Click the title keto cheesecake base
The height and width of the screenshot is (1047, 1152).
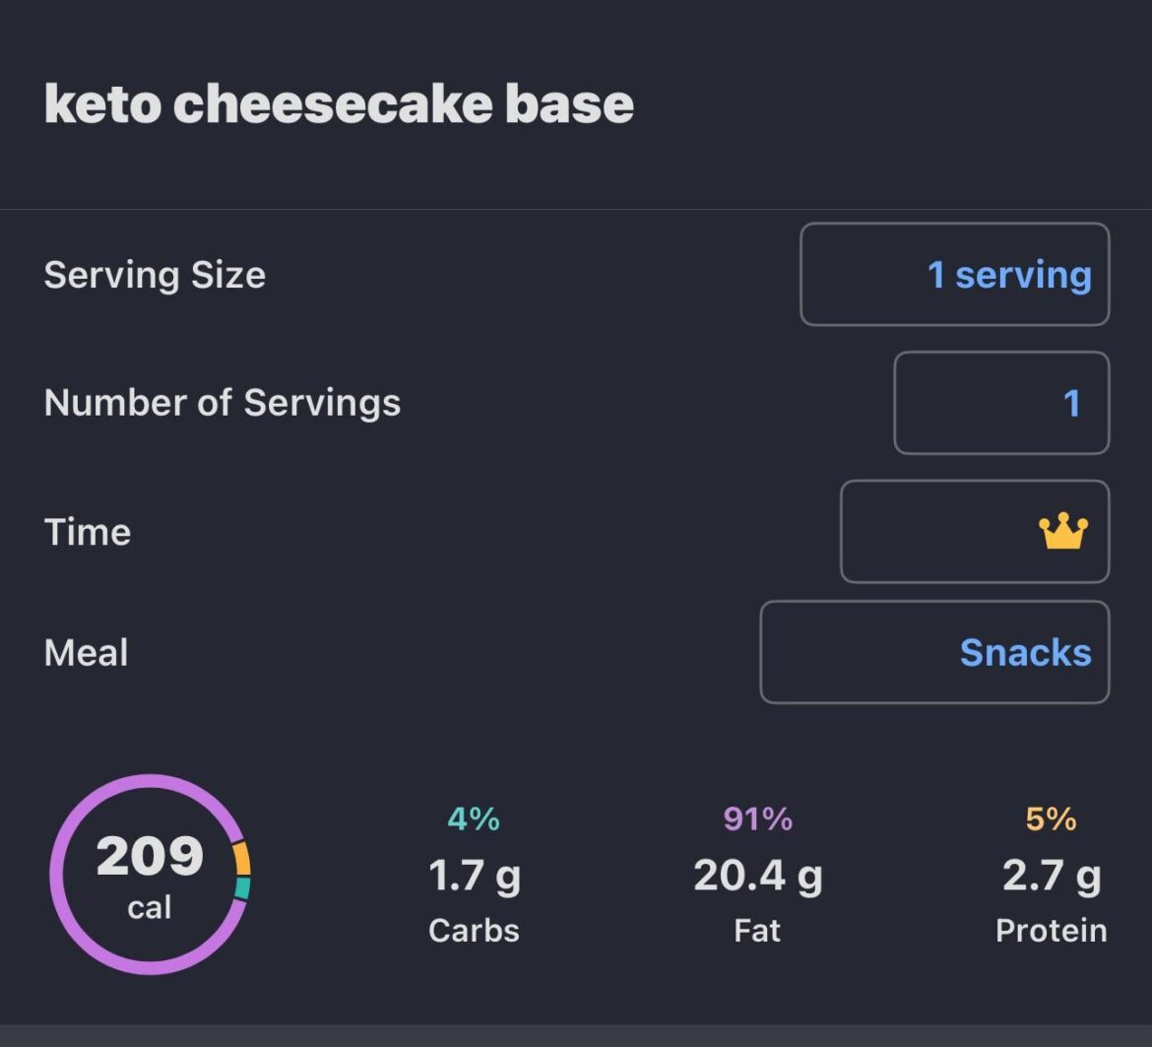tap(339, 103)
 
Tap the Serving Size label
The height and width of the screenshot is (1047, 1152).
tap(155, 275)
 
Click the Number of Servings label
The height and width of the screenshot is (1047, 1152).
tap(223, 403)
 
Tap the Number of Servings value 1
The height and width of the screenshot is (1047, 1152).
tap(1071, 403)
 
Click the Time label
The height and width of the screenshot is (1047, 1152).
tap(88, 532)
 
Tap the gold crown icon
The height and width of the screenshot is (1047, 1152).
tap(1063, 532)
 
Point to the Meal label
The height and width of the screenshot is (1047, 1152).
tap(87, 653)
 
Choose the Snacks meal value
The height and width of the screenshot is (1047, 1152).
tap(1025, 653)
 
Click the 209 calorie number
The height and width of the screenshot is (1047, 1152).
tap(150, 856)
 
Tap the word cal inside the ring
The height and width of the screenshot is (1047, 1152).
tap(150, 907)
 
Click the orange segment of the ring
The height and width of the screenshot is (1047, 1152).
tap(242, 859)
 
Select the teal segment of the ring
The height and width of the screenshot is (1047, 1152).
tap(242, 888)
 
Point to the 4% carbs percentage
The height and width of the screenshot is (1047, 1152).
tap(474, 818)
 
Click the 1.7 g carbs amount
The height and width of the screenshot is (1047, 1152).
tap(474, 876)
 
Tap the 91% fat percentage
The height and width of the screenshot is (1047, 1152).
tap(757, 818)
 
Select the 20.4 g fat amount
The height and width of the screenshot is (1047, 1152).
tap(757, 876)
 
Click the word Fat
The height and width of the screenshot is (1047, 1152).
tap(757, 931)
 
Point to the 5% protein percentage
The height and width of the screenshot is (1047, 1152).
tap(1051, 818)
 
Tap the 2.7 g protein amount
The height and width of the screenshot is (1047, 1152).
tap(1051, 876)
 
